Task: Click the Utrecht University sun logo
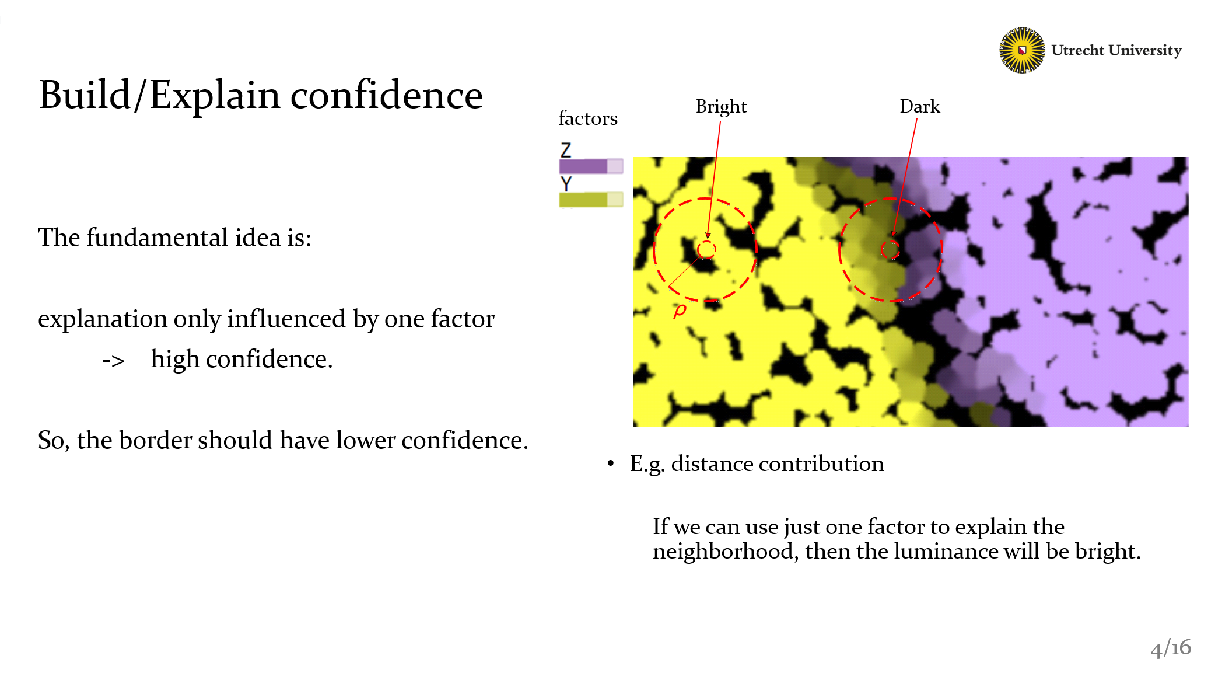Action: [1022, 50]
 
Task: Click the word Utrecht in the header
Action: [1077, 50]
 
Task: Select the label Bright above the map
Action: [721, 107]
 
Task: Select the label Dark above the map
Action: [920, 106]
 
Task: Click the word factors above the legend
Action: [587, 118]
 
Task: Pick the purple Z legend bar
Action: [591, 166]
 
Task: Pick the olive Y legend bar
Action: [591, 200]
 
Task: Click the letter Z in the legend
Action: [566, 150]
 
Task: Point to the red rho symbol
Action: [680, 310]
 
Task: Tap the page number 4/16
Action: [1170, 648]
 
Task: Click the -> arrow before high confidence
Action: [113, 361]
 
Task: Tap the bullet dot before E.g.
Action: [611, 463]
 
